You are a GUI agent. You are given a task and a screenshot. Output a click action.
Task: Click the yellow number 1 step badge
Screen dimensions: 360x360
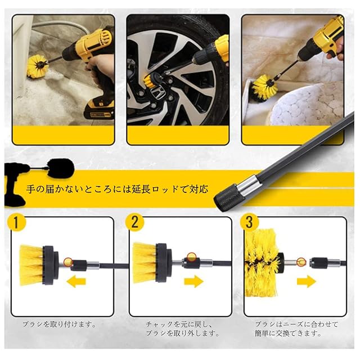coord(16,222)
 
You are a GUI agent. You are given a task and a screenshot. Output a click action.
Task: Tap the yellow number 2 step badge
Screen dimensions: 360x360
coord(135,222)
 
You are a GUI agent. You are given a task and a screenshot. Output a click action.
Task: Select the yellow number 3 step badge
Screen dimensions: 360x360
coord(250,222)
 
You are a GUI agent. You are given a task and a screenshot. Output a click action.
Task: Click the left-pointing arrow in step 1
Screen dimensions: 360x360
coord(76,281)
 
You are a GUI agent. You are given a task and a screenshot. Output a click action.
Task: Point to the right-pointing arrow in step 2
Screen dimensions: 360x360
coord(194,281)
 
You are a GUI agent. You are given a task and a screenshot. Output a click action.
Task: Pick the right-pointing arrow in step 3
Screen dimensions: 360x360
coord(307,281)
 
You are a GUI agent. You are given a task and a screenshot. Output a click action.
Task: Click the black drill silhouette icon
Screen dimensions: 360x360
coord(16,184)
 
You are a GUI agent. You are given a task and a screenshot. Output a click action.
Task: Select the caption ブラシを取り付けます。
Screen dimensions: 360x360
coord(59,325)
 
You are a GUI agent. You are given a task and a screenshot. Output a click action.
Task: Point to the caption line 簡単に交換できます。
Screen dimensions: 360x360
coord(288,333)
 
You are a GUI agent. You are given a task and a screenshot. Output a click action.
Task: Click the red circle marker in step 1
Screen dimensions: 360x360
coord(68,262)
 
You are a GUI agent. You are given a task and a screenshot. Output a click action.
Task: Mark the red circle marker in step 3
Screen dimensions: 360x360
coord(301,262)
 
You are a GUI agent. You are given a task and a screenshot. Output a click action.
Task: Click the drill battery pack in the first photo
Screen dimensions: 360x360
coord(99,110)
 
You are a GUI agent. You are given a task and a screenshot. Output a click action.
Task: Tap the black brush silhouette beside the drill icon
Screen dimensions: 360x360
coord(61,168)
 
